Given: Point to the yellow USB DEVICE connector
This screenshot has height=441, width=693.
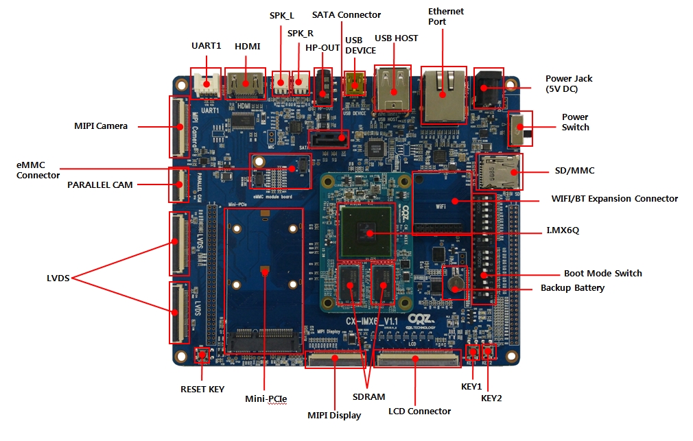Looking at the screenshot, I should [354, 84].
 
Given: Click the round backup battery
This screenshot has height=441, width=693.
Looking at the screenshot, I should [454, 284].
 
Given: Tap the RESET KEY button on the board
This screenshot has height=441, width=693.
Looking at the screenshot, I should [202, 355].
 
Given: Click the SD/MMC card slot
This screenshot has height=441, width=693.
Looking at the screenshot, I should [500, 171].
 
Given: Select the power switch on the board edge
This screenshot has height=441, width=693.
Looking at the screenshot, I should [519, 129].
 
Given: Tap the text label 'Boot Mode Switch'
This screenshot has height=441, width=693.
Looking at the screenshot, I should [602, 273].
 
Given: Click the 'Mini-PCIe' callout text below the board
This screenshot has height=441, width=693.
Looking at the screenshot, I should [266, 398].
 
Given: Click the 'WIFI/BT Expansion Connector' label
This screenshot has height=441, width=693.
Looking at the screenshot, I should [614, 199].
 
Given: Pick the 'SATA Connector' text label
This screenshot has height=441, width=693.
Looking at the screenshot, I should [346, 14].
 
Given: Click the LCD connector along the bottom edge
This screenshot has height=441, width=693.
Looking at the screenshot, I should [417, 359].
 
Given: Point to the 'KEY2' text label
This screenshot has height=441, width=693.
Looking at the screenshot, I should [491, 398].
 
